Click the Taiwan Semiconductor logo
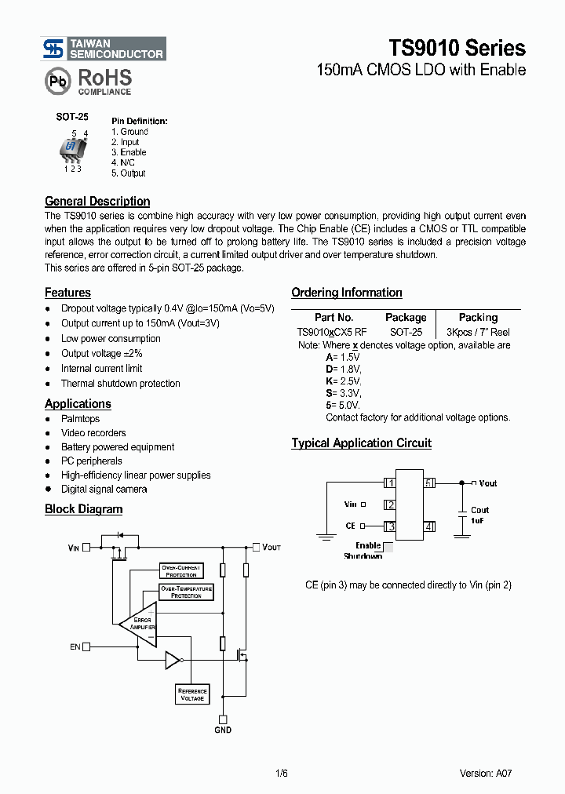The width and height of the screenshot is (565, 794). point(104,49)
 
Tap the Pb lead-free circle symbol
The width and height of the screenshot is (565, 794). point(56,80)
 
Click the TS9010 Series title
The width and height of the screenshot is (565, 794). point(457,48)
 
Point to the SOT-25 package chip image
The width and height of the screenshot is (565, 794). point(72,149)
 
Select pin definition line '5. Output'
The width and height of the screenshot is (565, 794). point(128,173)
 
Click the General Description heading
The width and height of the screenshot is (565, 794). point(97,201)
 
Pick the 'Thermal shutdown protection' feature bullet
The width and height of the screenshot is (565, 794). point(120,384)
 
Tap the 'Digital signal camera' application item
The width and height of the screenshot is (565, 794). point(104,489)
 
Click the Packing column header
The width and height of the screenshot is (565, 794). point(478,317)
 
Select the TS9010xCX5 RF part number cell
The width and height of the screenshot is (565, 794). point(332,332)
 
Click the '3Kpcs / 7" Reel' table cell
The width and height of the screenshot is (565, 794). point(478,332)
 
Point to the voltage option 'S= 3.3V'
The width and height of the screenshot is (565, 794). point(344,392)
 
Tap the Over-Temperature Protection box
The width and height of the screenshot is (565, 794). point(186,592)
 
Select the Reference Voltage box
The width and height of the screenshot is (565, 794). point(192,694)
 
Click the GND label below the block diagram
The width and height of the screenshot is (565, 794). point(223,730)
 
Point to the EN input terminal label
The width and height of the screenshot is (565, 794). point(75,646)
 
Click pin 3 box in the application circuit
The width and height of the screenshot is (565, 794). point(390,526)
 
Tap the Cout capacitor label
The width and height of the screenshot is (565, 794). point(479,510)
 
